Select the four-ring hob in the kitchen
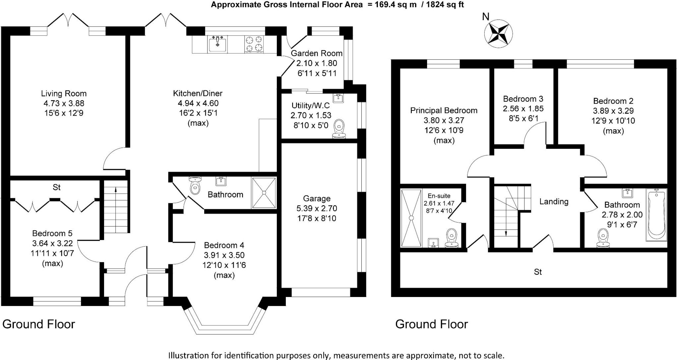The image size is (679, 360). point(254,44)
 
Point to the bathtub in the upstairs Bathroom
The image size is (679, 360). point(656,215)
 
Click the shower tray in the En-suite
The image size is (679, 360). point(411,218)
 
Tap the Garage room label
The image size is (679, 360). point(317,198)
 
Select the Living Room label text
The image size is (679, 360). point(64,93)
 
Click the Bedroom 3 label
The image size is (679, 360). point(523,99)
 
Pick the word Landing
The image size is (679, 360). point(554,202)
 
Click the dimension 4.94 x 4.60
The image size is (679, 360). point(198,103)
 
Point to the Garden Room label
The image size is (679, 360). point(316,53)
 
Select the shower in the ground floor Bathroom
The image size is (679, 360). point(264,193)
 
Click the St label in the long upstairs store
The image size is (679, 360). point(538,272)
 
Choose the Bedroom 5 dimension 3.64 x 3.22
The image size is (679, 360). point(52,243)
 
